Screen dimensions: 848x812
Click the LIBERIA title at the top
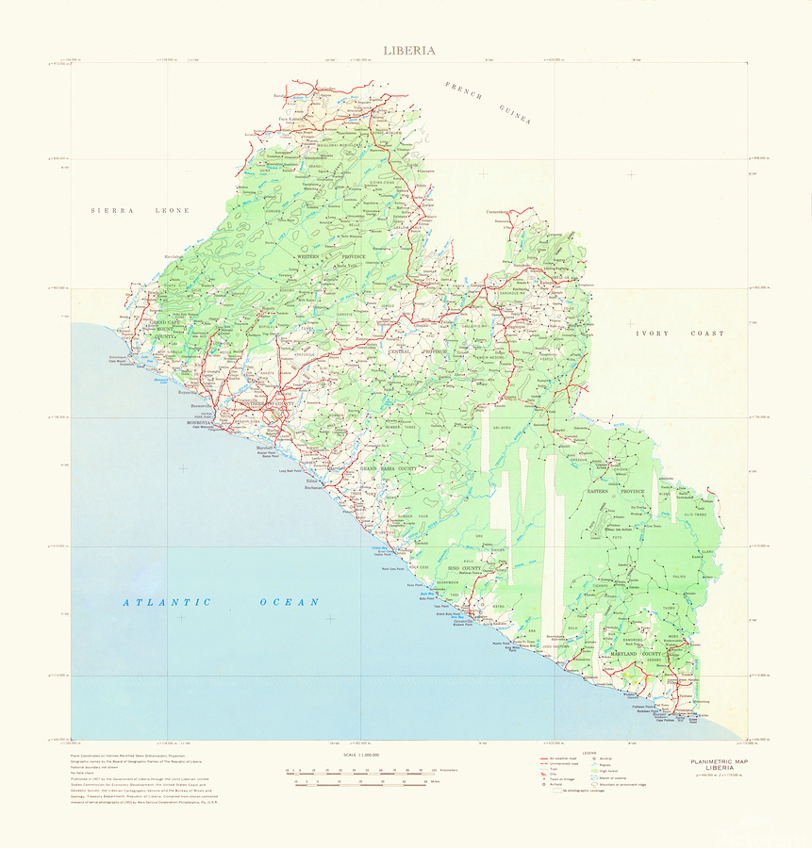click(408, 50)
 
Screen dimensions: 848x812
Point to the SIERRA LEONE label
click(140, 210)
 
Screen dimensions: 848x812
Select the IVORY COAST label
click(680, 334)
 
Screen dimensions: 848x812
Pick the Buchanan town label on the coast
click(314, 488)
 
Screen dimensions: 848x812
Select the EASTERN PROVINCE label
click(615, 492)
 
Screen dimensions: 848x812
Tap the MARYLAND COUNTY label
click(636, 653)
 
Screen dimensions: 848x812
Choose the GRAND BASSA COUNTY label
click(387, 468)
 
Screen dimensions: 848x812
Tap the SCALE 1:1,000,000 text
click(361, 755)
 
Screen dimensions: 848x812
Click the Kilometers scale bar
click(363, 770)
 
